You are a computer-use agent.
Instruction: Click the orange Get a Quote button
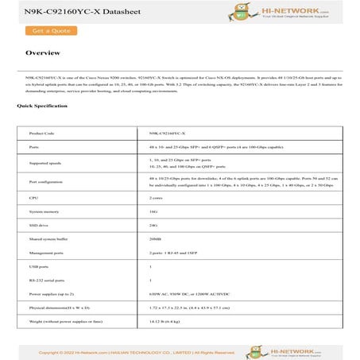pyautogui.click(x=48, y=31)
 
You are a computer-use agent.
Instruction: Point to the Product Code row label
pyautogui.click(x=41, y=134)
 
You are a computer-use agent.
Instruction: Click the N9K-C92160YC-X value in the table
pyautogui.click(x=168, y=134)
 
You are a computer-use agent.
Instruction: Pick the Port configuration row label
pyautogui.click(x=46, y=182)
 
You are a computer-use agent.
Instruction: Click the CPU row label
pyautogui.click(x=33, y=197)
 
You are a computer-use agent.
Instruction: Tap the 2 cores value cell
pyautogui.click(x=157, y=197)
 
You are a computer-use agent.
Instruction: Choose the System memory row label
pyautogui.click(x=44, y=212)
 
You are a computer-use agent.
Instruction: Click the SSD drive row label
pyautogui.click(x=39, y=226)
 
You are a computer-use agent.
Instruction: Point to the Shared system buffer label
pyautogui.click(x=48, y=241)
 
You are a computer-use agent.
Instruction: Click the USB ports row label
pyautogui.click(x=39, y=267)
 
